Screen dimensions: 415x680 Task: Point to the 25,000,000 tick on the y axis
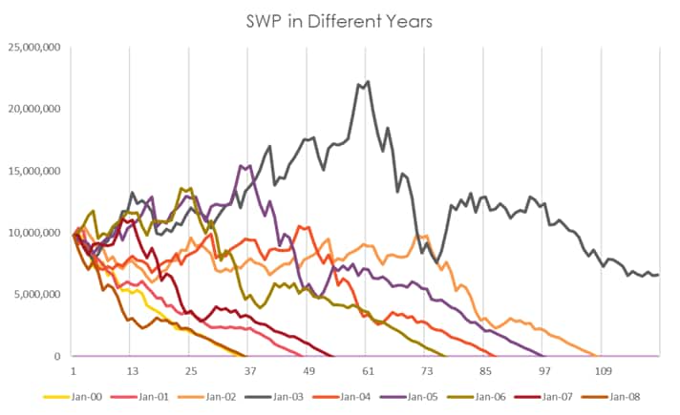(33, 47)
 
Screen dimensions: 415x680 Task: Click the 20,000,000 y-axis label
(33, 109)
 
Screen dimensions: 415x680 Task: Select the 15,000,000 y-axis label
(33, 171)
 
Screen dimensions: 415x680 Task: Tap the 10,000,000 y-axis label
(33, 233)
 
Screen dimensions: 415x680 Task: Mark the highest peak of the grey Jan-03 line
(368, 81)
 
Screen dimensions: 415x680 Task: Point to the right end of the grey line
(658, 275)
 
